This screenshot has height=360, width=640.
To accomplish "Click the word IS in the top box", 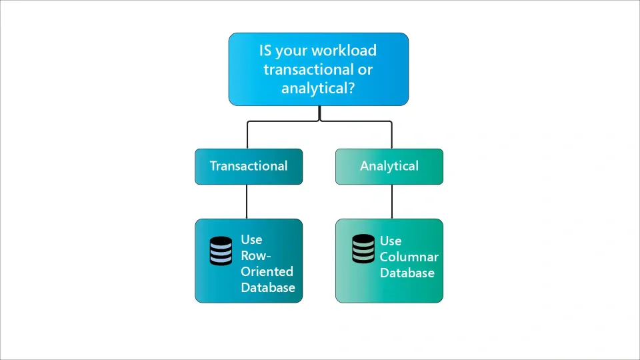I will tap(266, 51).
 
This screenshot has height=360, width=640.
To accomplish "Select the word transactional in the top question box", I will tap(305, 69).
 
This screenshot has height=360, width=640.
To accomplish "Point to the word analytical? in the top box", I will tap(318, 88).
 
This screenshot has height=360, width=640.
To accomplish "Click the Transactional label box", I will tap(248, 166).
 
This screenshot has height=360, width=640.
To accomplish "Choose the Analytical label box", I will tap(389, 166).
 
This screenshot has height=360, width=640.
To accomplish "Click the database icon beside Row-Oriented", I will tap(221, 251).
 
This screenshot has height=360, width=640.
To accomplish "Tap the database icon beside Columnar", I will tap(363, 249).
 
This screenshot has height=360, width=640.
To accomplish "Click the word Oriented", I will tap(267, 272).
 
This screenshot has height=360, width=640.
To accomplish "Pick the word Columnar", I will tap(409, 257).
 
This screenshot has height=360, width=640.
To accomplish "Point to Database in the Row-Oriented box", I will tap(268, 288).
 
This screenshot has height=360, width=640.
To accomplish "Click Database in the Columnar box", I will tap(407, 273).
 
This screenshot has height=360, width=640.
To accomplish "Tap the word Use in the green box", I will tap(391, 241).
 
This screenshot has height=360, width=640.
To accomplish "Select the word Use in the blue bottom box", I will tap(251, 240).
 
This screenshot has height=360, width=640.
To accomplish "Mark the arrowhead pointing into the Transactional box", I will tap(247, 146).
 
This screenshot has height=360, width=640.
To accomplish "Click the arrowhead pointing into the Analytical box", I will tap(391, 146).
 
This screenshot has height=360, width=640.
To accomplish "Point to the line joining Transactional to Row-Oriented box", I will tap(247, 201).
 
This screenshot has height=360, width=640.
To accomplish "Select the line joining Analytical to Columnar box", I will tap(391, 201).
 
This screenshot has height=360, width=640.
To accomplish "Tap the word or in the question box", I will tap(365, 69).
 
